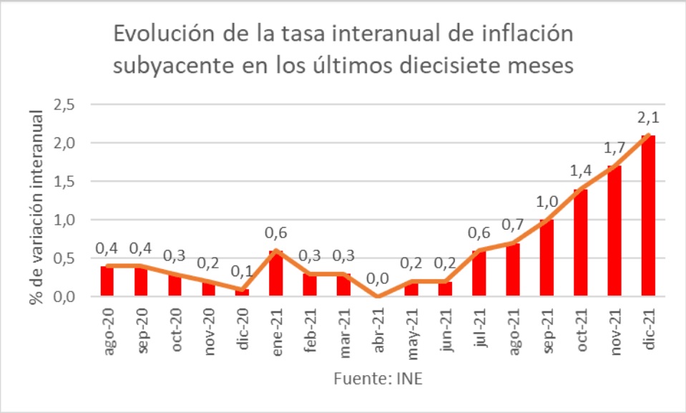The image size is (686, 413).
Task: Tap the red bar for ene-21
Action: (276, 273)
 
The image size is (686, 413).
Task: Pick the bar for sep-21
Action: (547, 258)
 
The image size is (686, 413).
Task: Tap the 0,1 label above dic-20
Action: (242, 271)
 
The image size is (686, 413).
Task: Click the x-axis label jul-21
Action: (479, 329)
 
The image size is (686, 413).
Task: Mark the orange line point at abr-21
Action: (378, 296)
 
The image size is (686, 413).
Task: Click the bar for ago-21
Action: (513, 269)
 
